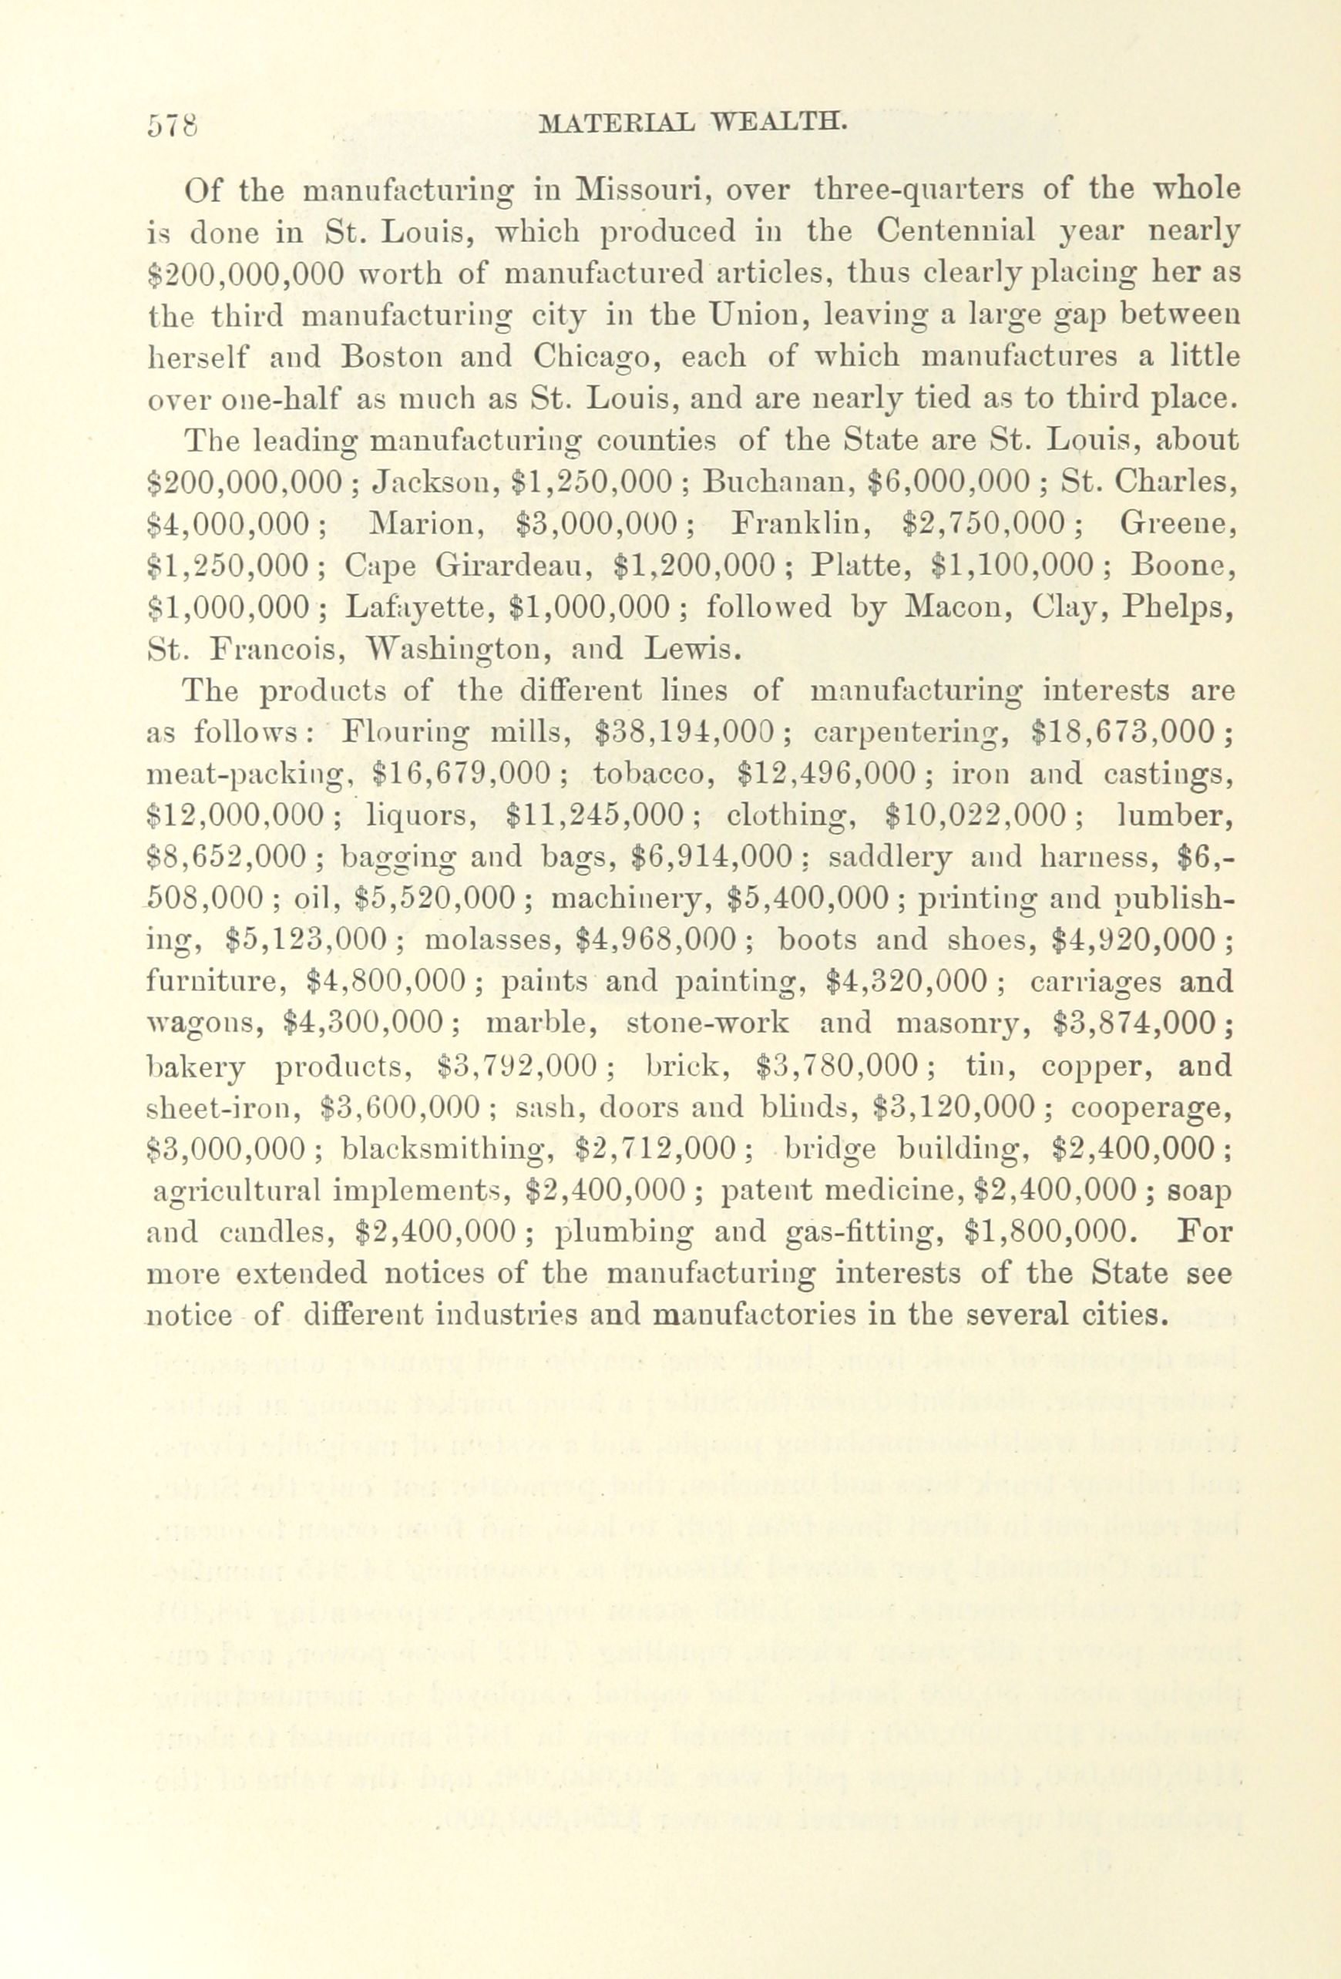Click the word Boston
click(391, 356)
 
